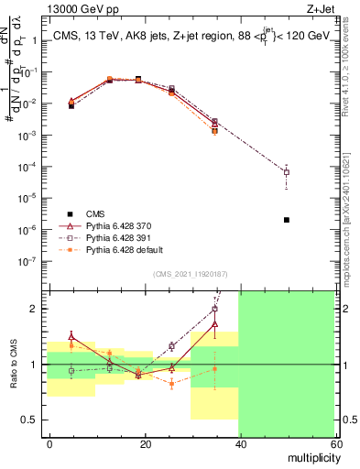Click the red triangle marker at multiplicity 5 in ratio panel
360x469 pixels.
(71, 337)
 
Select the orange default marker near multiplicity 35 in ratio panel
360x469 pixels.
(215, 369)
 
